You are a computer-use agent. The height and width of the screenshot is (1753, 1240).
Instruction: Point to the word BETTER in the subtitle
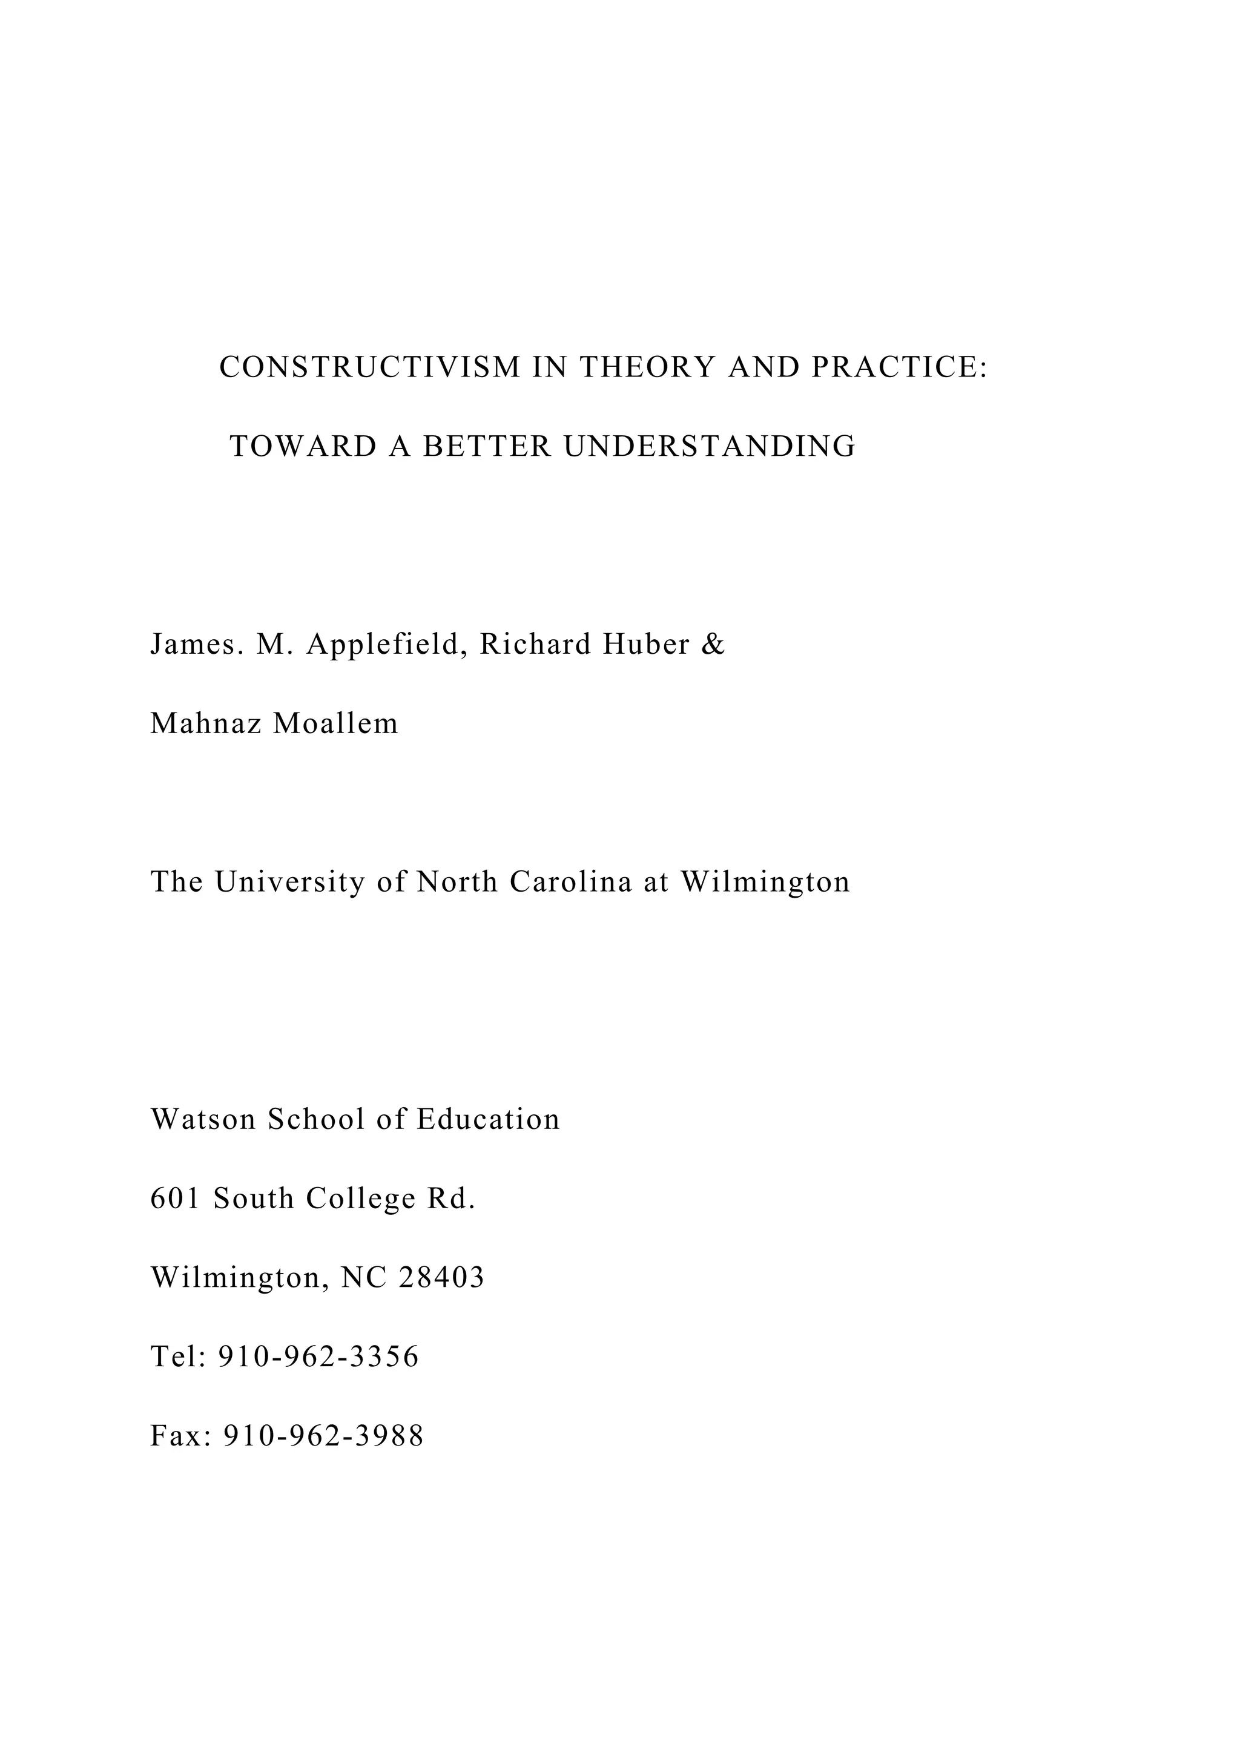(x=487, y=447)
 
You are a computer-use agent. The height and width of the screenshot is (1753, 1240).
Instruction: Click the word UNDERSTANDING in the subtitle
(x=710, y=447)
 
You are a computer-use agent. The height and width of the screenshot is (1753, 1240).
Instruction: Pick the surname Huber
(x=646, y=645)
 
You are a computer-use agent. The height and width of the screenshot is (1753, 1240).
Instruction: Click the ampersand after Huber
(x=713, y=645)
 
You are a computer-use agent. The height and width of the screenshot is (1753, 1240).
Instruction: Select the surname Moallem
(x=336, y=724)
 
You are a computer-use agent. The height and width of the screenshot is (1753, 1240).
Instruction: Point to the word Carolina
(x=571, y=883)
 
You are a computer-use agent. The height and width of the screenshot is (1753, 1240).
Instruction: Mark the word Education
(x=489, y=1120)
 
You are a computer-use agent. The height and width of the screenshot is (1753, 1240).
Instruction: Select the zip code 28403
(x=441, y=1277)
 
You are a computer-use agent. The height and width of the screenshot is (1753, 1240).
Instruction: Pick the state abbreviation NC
(x=363, y=1277)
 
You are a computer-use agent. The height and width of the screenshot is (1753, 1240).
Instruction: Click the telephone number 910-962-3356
(x=319, y=1357)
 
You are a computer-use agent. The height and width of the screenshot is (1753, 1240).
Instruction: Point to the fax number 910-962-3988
(x=323, y=1436)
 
